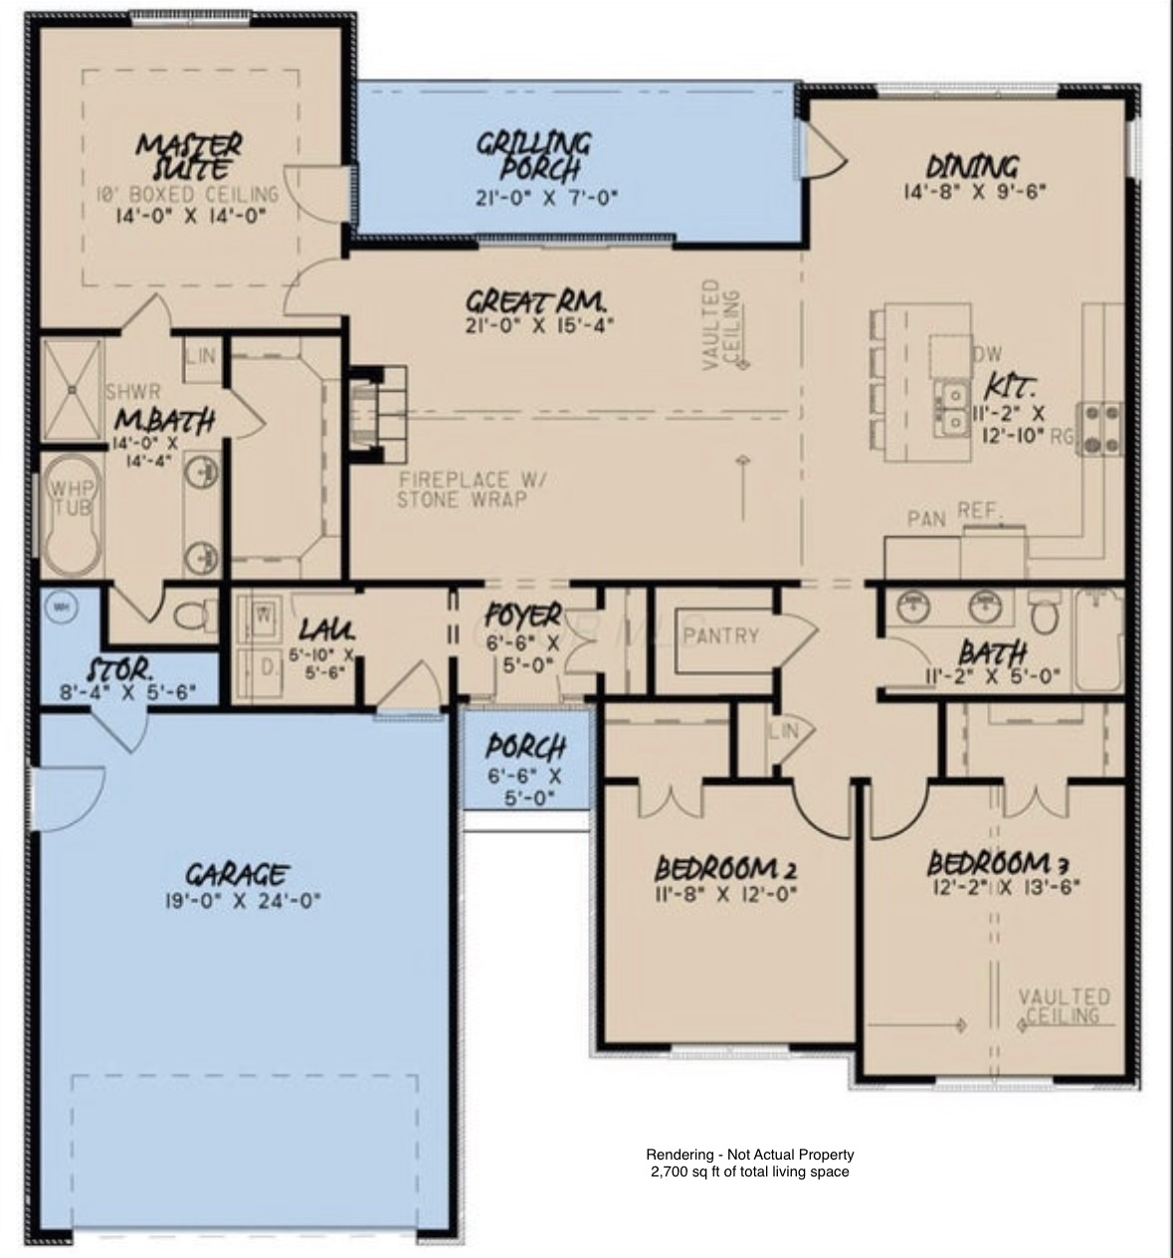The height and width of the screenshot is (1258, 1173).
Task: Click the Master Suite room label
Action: tap(190, 156)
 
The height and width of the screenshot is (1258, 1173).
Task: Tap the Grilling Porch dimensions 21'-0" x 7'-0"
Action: tap(546, 197)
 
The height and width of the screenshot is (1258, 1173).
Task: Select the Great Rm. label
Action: tap(536, 300)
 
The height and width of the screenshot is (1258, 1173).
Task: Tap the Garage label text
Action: tap(238, 875)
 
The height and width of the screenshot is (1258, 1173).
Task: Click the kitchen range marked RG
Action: tap(1100, 429)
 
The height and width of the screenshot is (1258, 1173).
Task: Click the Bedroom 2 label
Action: tap(725, 868)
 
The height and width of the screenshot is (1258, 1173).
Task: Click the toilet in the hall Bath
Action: tap(1044, 616)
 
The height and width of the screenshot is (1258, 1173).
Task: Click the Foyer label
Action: tap(522, 617)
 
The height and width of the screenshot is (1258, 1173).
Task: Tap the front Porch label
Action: tap(526, 746)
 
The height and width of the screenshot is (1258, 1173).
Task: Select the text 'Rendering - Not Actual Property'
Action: tap(749, 1155)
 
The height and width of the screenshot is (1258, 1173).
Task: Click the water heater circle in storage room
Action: tap(62, 607)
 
